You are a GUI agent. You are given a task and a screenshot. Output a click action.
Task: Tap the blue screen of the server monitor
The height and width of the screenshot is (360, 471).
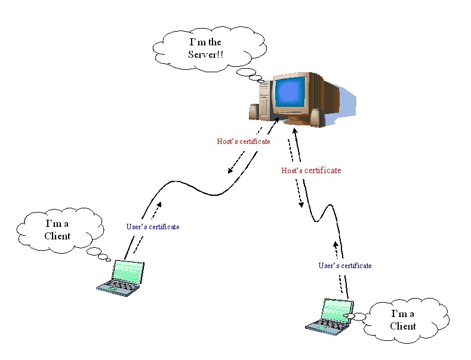tap(290, 93)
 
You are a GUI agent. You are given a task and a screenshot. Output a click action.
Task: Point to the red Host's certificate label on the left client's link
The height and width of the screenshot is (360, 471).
tap(243, 142)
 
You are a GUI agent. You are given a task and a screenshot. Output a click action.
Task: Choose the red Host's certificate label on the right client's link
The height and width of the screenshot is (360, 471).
tap(311, 171)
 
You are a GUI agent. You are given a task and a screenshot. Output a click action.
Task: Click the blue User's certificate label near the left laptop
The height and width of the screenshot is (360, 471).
tap(153, 227)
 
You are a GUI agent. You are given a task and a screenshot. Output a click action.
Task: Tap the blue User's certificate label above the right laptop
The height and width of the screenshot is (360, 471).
tap(344, 266)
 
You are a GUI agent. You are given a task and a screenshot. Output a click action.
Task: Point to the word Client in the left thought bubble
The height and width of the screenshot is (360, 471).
tap(57, 236)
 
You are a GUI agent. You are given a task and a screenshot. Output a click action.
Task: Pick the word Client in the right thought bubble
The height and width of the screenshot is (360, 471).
tap(403, 327)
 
